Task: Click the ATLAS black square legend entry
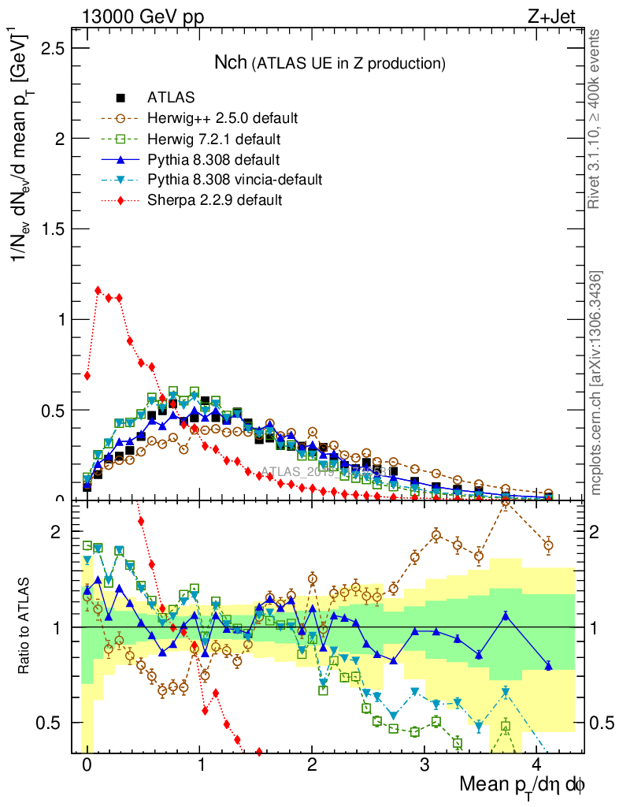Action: coord(171,98)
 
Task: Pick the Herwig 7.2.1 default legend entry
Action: coord(214,139)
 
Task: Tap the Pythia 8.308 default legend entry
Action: coord(214,159)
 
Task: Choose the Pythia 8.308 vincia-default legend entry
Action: coord(234,180)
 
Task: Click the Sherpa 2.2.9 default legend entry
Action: coord(214,200)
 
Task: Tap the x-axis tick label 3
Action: coord(424,765)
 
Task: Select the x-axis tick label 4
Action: coord(537,765)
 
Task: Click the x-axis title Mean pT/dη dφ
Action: coord(522,786)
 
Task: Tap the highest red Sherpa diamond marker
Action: coord(98,290)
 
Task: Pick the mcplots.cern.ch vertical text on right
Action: coord(597,382)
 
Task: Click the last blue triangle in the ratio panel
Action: coord(548,666)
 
